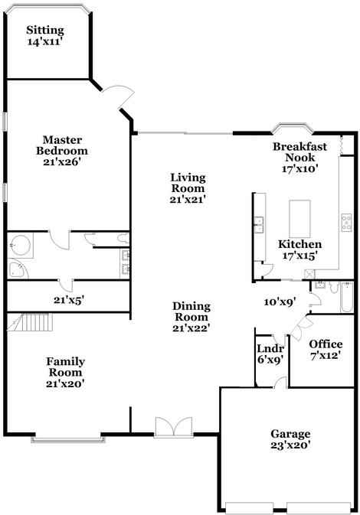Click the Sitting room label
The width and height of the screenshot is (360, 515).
pyautogui.click(x=44, y=31)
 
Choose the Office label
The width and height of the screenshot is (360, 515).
pyautogui.click(x=325, y=344)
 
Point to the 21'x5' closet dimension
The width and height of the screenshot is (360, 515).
pyautogui.click(x=67, y=301)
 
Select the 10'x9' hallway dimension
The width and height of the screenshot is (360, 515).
pyautogui.click(x=280, y=302)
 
